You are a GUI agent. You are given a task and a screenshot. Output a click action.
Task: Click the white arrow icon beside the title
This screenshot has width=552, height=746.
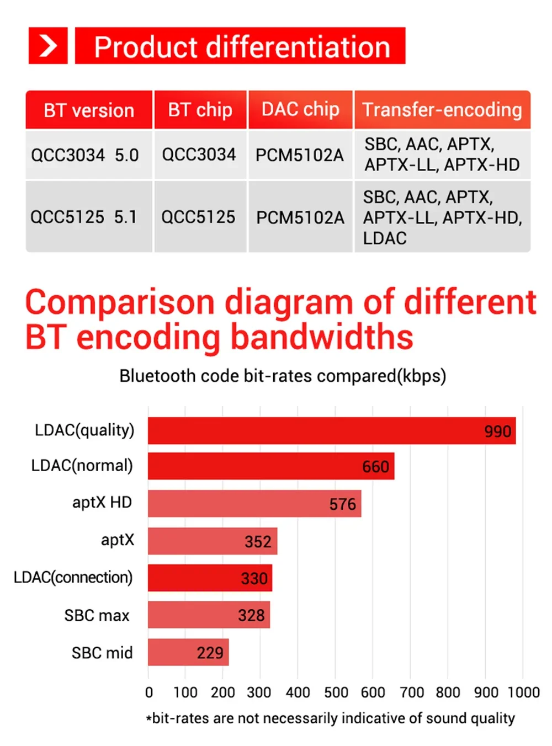[x=48, y=46]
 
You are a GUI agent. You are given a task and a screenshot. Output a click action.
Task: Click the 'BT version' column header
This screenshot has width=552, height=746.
[x=89, y=110]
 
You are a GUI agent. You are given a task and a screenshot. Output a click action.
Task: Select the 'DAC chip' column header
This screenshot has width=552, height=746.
[x=300, y=110]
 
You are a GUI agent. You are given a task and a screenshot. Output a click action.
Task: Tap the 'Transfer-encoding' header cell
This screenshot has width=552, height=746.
[x=442, y=110]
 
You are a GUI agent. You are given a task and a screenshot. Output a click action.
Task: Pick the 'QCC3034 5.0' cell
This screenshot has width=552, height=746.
[x=85, y=155]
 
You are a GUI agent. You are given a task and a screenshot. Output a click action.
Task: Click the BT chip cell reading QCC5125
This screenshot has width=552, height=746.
[x=198, y=217]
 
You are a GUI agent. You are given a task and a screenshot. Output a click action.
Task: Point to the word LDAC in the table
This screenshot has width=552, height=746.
[x=385, y=238]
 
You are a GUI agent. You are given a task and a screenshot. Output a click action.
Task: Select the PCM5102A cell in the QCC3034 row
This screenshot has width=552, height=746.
[x=300, y=155]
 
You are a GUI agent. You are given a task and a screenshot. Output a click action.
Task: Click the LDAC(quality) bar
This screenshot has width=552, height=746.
[x=331, y=431]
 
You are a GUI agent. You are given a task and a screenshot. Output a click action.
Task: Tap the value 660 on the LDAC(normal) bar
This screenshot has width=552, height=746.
[x=375, y=467]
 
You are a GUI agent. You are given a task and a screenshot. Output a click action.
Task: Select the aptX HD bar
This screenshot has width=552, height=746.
[x=254, y=504]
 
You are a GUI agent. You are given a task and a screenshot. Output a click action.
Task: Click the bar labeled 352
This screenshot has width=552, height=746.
[x=213, y=541]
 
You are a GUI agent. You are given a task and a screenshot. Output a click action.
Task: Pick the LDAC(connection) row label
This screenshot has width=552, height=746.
[x=73, y=577]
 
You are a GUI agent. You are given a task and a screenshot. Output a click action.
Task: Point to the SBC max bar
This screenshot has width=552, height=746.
[x=209, y=615]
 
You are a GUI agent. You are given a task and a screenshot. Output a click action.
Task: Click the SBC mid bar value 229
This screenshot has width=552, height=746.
[x=210, y=653]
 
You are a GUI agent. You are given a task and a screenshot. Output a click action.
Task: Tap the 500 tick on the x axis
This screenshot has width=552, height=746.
[x=336, y=692]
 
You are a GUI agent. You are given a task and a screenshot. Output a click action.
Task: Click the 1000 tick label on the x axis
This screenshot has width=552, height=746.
[x=523, y=692]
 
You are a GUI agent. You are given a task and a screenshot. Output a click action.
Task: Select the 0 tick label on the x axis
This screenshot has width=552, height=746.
[x=149, y=692]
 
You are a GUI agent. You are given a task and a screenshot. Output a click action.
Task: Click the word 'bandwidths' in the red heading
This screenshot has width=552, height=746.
[x=322, y=337]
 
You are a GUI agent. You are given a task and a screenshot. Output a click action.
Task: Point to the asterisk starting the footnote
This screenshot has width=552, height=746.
[x=148, y=719]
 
